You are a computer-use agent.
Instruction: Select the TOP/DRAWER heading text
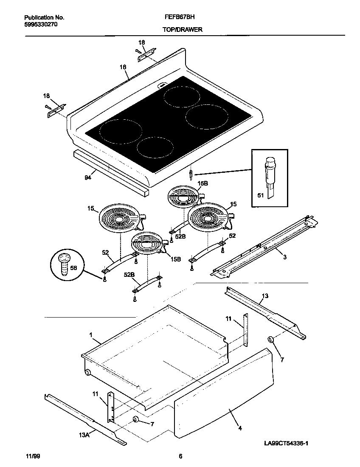click(182, 30)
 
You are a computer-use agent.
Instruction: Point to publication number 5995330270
click(41, 25)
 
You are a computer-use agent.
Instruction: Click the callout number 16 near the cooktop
click(123, 67)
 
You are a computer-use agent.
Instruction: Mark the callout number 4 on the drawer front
click(240, 429)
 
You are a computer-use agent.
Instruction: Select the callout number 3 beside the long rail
click(284, 257)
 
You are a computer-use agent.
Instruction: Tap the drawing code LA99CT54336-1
click(286, 443)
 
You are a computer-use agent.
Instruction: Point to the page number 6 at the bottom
click(180, 456)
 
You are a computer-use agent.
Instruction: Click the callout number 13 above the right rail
click(265, 295)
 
